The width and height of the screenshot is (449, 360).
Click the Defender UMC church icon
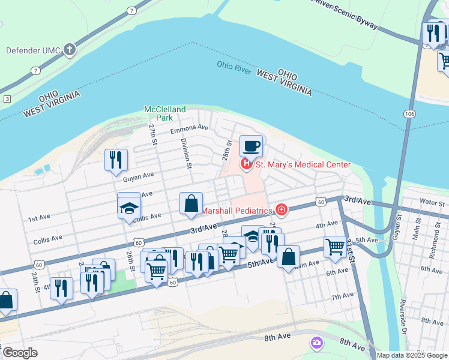click(70, 50)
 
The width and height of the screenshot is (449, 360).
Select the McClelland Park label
click(165, 113)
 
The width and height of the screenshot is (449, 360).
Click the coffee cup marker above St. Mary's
click(251, 146)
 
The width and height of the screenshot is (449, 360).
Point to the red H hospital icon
click(246, 164)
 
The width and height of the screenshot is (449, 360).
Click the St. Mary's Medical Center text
click(303, 165)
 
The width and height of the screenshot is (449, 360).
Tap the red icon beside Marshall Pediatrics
click(280, 210)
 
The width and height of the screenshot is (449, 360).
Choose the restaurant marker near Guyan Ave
click(116, 160)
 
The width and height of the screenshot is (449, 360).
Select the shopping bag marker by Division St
click(191, 203)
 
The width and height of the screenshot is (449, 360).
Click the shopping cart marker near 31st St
click(335, 246)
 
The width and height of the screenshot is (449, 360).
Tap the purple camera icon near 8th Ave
click(316, 343)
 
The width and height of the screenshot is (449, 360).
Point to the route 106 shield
click(410, 113)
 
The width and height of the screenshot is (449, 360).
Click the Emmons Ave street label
click(189, 128)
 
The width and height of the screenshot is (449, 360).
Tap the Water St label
click(432, 203)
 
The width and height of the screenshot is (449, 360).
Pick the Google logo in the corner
click(20, 353)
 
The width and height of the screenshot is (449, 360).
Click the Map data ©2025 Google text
click(412, 355)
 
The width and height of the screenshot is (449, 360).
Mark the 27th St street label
click(153, 135)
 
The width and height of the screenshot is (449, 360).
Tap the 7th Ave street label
click(342, 296)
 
